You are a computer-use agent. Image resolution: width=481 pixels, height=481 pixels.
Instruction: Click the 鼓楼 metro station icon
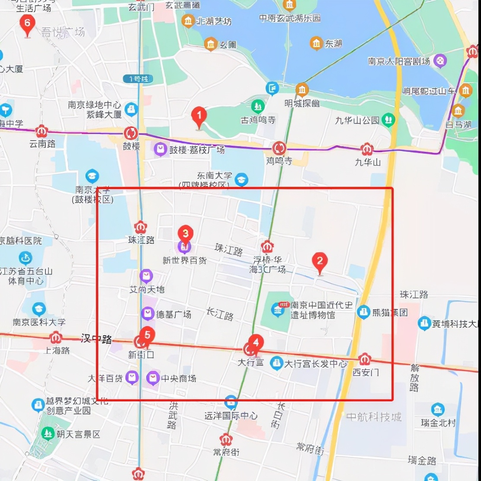coord(131,133)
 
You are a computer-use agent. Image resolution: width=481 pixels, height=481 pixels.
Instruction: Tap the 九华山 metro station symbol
coord(367,149)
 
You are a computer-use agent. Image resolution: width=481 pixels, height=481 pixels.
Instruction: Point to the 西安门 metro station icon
coord(365,359)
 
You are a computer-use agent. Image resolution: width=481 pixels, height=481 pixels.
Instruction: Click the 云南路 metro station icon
coord(42,131)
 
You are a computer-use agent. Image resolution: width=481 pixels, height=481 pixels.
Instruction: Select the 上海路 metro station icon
coord(55,337)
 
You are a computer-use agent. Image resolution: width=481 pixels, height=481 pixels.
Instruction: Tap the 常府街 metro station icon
coord(225,439)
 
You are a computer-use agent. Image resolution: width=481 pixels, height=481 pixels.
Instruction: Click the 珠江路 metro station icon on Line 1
coord(140,227)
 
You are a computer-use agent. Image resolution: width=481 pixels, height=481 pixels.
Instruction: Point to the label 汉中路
coord(96,339)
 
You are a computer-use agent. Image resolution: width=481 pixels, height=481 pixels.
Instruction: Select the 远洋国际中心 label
coord(231,416)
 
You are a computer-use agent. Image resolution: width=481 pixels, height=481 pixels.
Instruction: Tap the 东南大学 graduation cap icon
coord(241,179)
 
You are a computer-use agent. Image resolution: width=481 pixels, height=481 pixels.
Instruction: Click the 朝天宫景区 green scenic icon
coord(48,433)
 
